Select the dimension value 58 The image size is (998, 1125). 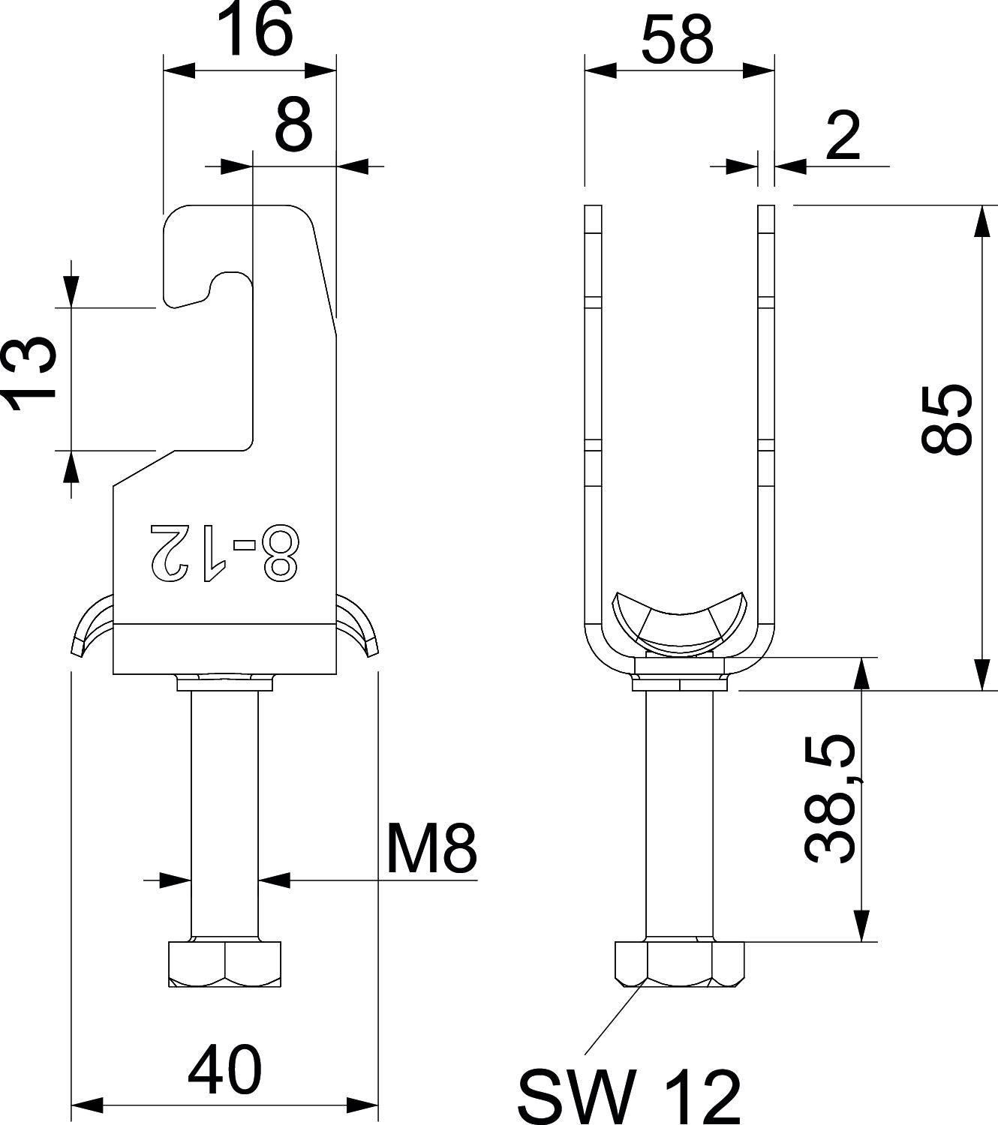[x=678, y=40]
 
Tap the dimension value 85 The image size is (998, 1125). [x=945, y=420]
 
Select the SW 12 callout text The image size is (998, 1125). [x=629, y=1097]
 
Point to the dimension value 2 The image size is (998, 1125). [x=843, y=136]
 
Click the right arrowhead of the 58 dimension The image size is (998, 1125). [x=758, y=71]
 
